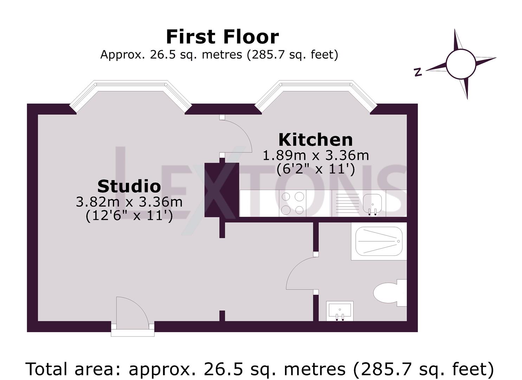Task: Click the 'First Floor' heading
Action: click(222, 37)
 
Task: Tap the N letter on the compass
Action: click(418, 72)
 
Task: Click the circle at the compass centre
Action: click(461, 64)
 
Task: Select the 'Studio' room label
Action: click(129, 186)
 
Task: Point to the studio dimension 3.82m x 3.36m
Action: click(129, 202)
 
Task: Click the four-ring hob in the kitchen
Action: click(293, 203)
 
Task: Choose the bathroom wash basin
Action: click(340, 311)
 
